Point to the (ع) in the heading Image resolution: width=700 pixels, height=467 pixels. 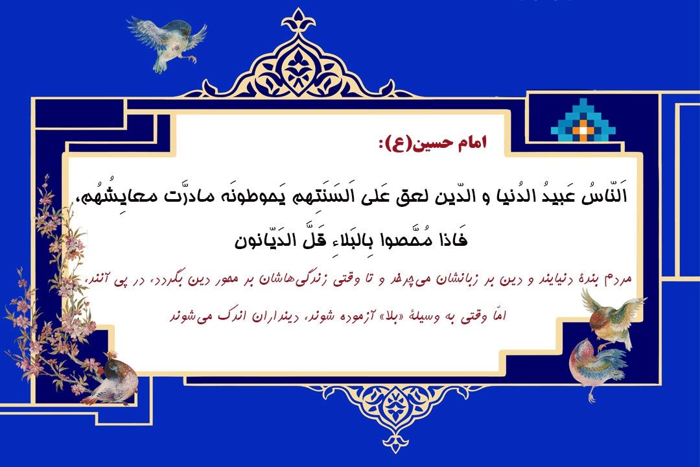[x=392, y=143]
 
